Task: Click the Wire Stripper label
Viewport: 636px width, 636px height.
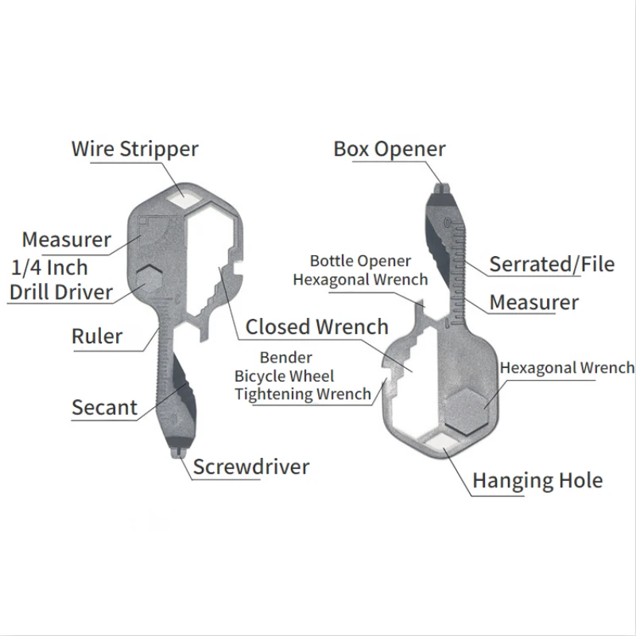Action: [134, 149]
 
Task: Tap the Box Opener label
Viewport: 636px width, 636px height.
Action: [390, 149]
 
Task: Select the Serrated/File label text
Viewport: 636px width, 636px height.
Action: [552, 264]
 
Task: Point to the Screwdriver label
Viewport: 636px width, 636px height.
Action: [251, 466]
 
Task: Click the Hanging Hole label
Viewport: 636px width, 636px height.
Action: [537, 480]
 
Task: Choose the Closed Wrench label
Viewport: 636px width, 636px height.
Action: [316, 327]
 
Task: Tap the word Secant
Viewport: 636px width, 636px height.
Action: [104, 408]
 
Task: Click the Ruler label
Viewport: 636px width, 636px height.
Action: [97, 336]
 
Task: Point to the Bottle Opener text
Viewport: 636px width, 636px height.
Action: [360, 261]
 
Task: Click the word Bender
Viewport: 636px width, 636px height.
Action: [285, 358]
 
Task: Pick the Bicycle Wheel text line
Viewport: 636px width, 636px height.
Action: [284, 375]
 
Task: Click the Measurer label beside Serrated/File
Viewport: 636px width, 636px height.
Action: [533, 302]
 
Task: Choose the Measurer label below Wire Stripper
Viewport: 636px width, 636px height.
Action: [67, 239]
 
